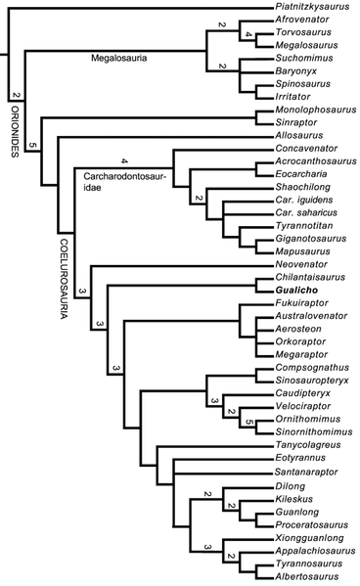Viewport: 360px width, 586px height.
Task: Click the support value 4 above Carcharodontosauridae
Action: point(123,160)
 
